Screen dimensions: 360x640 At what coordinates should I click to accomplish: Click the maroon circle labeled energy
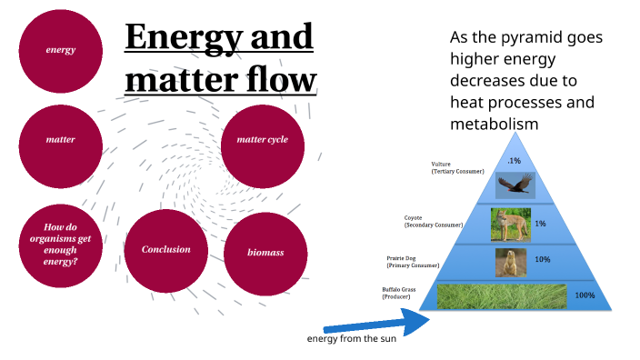pos(60,51)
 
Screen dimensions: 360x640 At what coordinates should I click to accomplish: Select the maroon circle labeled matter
pos(60,141)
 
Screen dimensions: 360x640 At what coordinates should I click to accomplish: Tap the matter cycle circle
pos(262,141)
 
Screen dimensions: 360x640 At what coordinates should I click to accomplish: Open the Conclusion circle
pos(165,250)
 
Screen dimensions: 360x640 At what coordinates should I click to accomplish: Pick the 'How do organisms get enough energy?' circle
pos(60,244)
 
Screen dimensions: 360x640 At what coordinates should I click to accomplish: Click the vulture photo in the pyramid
pos(515,185)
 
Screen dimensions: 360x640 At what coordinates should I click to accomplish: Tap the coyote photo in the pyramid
pos(510,225)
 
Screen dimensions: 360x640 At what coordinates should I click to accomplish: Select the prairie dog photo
pos(510,263)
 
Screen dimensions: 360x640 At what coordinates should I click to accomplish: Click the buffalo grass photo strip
pos(502,296)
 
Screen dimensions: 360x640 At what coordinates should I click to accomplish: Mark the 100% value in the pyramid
pos(585,295)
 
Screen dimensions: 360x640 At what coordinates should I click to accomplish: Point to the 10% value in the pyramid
pos(542,260)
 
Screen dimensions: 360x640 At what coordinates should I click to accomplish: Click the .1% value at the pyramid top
pos(515,160)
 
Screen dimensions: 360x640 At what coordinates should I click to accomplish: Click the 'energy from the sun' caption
pos(351,339)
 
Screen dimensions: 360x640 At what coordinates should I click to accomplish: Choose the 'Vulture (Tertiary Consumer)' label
pos(457,167)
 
